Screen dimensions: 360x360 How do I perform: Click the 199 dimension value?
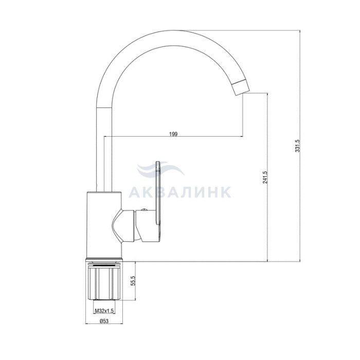pyautogui.click(x=173, y=134)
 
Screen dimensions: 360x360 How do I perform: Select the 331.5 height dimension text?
pyautogui.click(x=298, y=146)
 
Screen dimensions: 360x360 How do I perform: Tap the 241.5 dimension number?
pyautogui.click(x=265, y=177)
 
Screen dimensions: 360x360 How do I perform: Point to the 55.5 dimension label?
pyautogui.click(x=133, y=281)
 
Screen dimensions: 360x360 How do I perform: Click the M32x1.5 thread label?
pyautogui.click(x=104, y=311)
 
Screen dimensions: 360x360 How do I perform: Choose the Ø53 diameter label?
pyautogui.click(x=104, y=321)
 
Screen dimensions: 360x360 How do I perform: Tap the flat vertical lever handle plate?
pyautogui.click(x=158, y=193)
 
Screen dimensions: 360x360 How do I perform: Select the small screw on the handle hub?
pyautogui.click(x=144, y=209)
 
